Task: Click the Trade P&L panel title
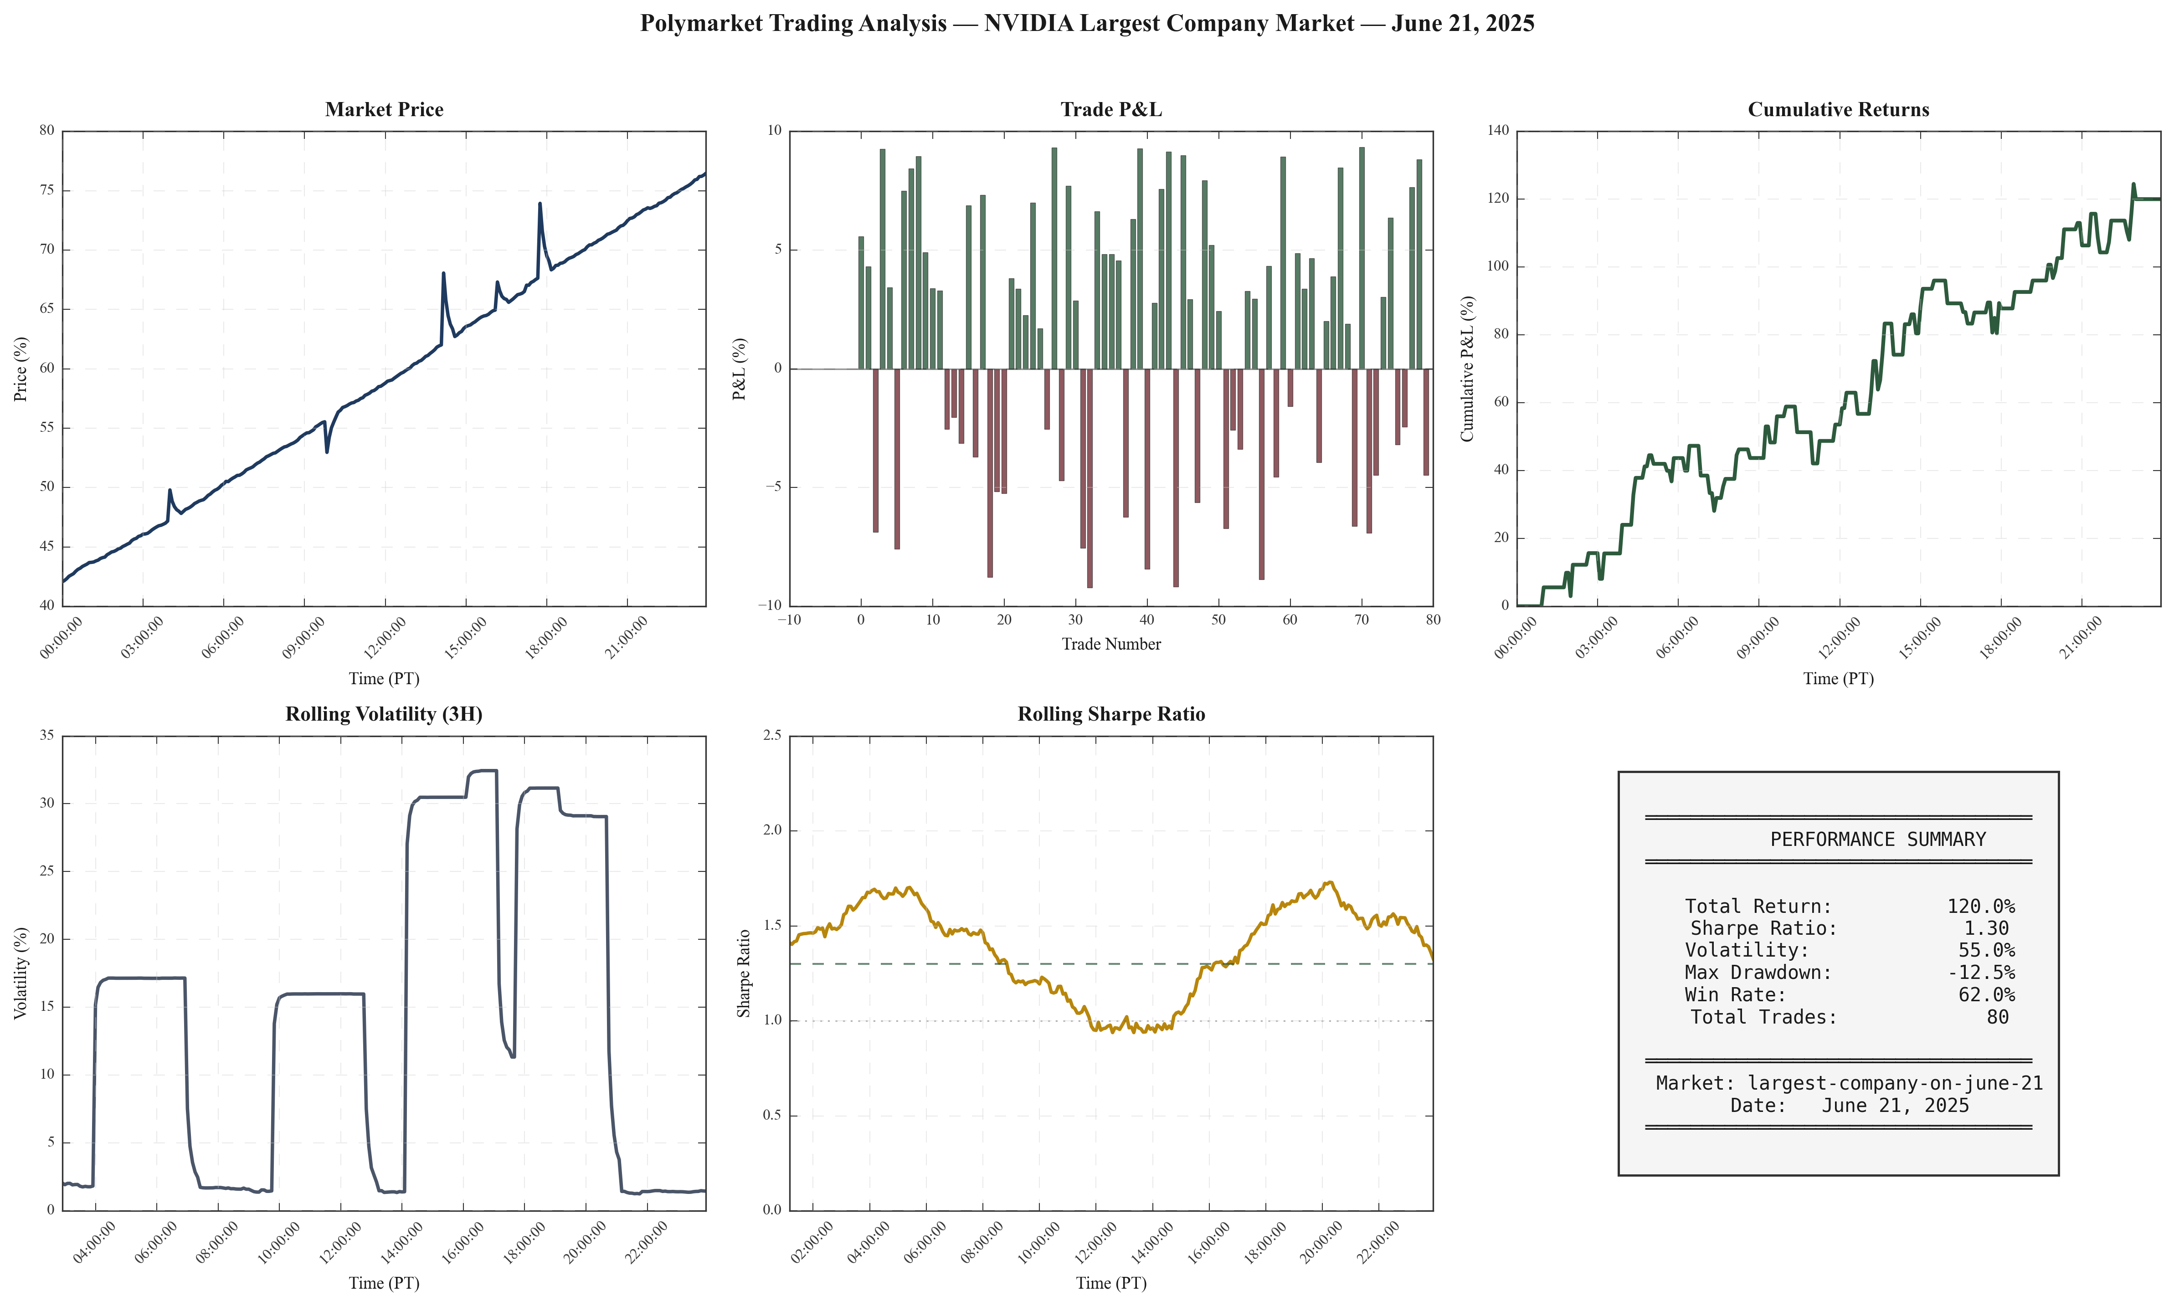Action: tap(1111, 109)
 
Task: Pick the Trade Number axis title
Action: tap(1111, 644)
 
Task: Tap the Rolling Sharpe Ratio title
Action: tap(1111, 714)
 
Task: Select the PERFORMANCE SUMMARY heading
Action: tap(1877, 840)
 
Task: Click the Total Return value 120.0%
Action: tap(1980, 907)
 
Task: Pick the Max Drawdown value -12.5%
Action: tap(1980, 973)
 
